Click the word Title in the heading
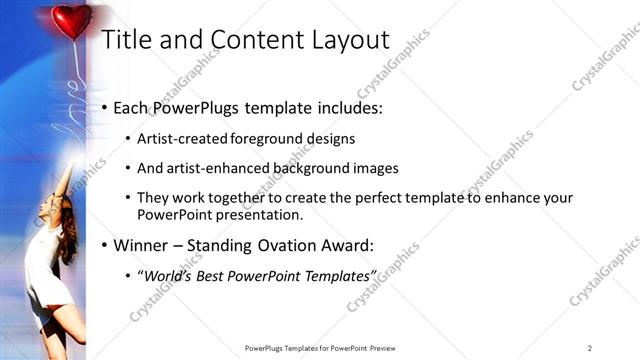[x=129, y=40]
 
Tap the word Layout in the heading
[x=353, y=40]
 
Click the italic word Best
[x=211, y=275]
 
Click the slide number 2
[x=590, y=347]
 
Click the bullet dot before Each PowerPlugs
[x=105, y=108]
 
